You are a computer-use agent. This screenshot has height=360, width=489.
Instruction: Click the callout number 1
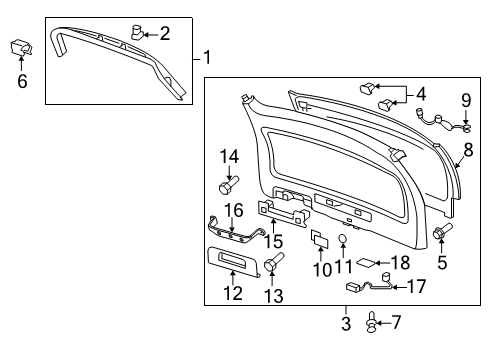point(207,58)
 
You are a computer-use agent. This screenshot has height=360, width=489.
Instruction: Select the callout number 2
point(165,34)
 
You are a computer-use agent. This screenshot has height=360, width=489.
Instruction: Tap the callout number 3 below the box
point(346,323)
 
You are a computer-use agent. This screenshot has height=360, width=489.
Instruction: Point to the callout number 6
point(22,82)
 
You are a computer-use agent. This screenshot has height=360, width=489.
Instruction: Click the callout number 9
point(465,100)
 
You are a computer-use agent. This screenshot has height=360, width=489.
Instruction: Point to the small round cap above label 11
point(343,239)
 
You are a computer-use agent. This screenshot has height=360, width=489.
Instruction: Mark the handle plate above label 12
point(236,260)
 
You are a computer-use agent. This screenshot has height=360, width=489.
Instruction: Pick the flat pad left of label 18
point(369,263)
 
